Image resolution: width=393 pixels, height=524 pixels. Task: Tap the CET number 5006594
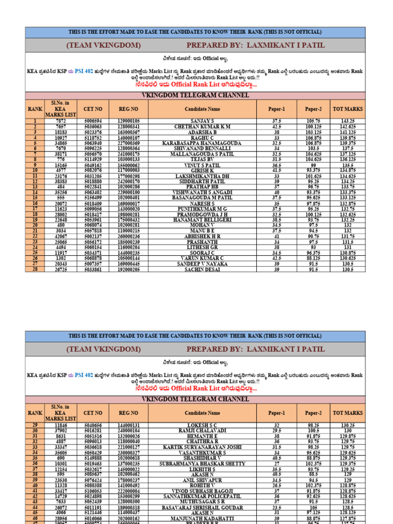pos(93,121)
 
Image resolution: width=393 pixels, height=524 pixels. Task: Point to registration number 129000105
pos(128,121)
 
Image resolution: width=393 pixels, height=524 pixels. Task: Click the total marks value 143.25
pos(347,121)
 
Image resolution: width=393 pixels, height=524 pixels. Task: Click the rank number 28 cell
pos(35,269)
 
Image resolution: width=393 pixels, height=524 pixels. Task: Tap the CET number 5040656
pos(93,425)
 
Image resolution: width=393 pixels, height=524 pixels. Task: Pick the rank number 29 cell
pos(35,425)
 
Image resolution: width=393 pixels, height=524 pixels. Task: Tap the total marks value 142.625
pos(347,126)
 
